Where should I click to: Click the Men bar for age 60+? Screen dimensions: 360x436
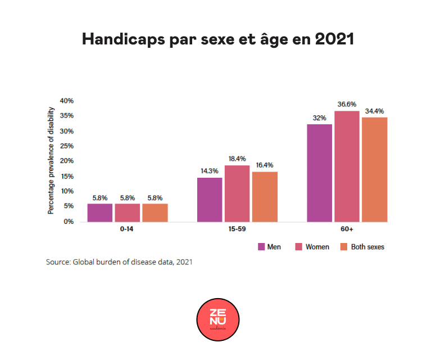tap(319, 173)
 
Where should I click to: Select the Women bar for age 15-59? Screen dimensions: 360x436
tap(237, 193)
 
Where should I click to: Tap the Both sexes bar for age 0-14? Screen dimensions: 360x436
tap(155, 212)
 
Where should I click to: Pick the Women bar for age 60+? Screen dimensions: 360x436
tap(347, 166)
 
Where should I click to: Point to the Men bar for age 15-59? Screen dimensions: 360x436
tap(210, 199)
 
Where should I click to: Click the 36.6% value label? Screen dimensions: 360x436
tap(347, 104)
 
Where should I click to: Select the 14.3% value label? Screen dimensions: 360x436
tap(210, 170)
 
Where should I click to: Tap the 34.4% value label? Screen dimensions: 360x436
tap(374, 110)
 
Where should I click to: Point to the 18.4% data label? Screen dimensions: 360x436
tap(237, 158)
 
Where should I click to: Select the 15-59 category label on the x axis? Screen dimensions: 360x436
tap(237, 230)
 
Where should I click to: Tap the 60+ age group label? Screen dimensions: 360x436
tap(347, 230)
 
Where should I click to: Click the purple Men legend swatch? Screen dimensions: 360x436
tap(261, 247)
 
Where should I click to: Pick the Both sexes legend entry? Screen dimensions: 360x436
tap(362, 247)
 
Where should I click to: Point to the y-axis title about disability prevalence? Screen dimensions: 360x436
tap(51, 160)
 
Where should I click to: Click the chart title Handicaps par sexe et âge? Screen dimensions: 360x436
tap(218, 39)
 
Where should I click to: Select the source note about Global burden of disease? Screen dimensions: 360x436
tap(119, 262)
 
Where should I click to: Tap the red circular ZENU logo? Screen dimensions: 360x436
tap(218, 319)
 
